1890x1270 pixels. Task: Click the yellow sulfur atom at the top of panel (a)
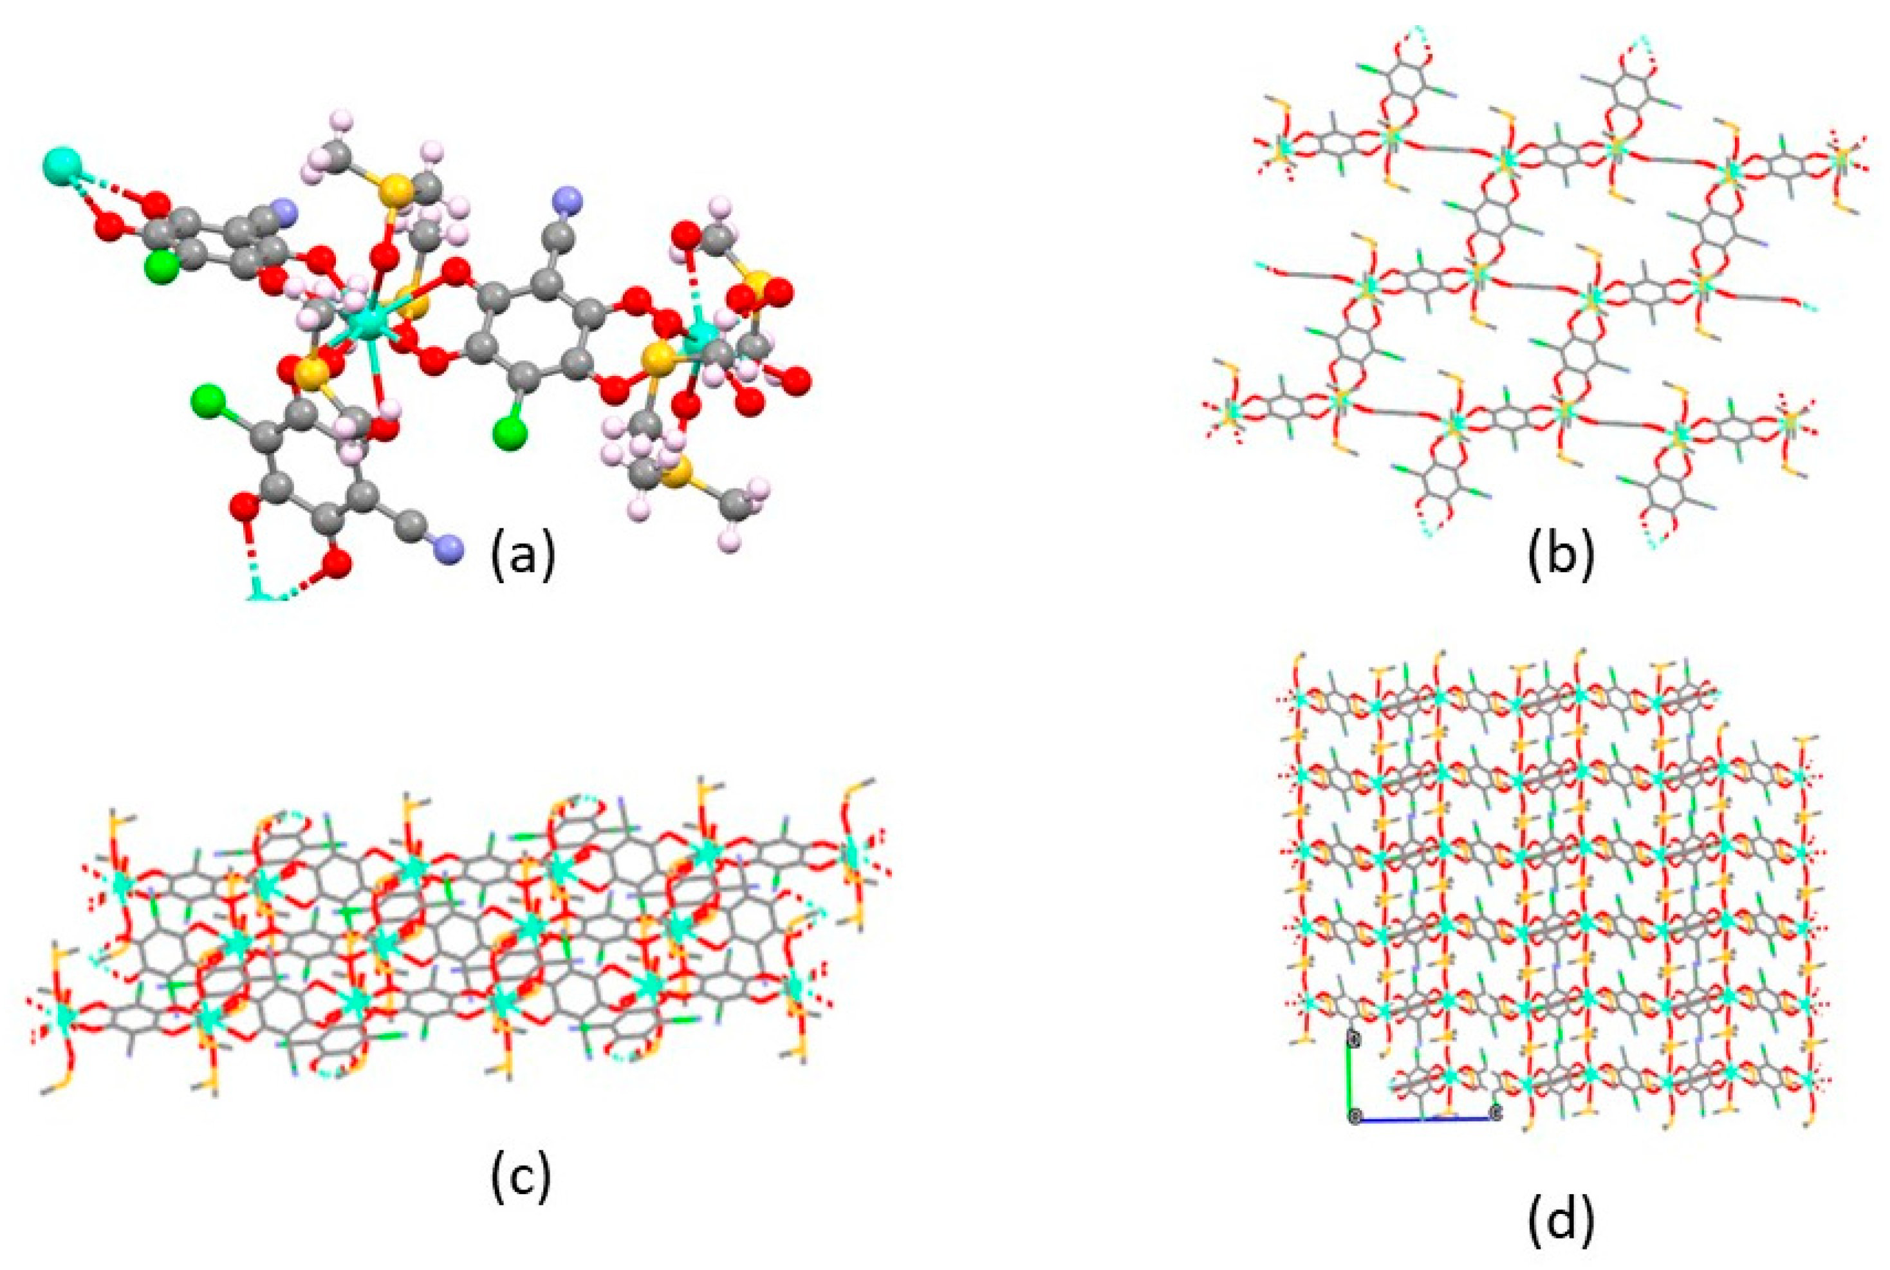[394, 191]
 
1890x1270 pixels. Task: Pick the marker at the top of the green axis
[1351, 1037]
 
